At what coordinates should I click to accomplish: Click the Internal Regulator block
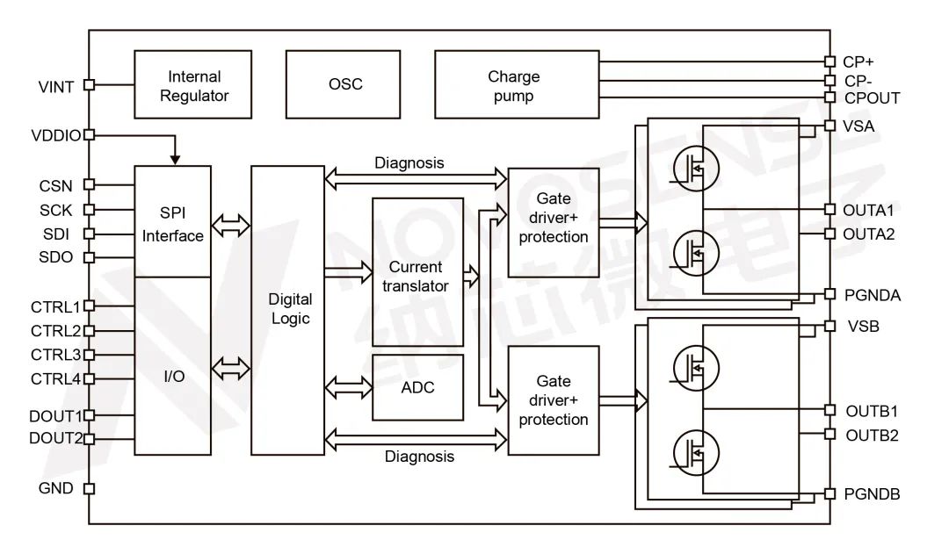[193, 85]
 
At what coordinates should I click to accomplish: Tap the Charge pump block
[518, 85]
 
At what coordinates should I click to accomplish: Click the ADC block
[417, 387]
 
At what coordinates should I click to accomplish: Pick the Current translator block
[417, 271]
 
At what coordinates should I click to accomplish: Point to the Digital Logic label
[289, 309]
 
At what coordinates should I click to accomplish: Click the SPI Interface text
[173, 225]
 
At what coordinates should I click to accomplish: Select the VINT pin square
[88, 85]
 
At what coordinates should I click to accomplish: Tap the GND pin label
[56, 488]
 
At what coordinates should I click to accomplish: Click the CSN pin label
[56, 185]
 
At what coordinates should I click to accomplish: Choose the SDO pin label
[56, 257]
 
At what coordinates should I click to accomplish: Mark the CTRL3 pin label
[55, 355]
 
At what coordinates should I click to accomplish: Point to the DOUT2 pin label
[55, 438]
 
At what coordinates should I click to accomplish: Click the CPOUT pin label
[872, 98]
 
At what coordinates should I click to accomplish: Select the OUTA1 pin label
[868, 210]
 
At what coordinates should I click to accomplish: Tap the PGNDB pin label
[872, 494]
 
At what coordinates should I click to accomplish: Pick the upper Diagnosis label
[409, 163]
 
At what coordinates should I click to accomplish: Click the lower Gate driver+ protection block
[554, 400]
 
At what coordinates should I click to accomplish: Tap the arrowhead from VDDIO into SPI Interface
[176, 160]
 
